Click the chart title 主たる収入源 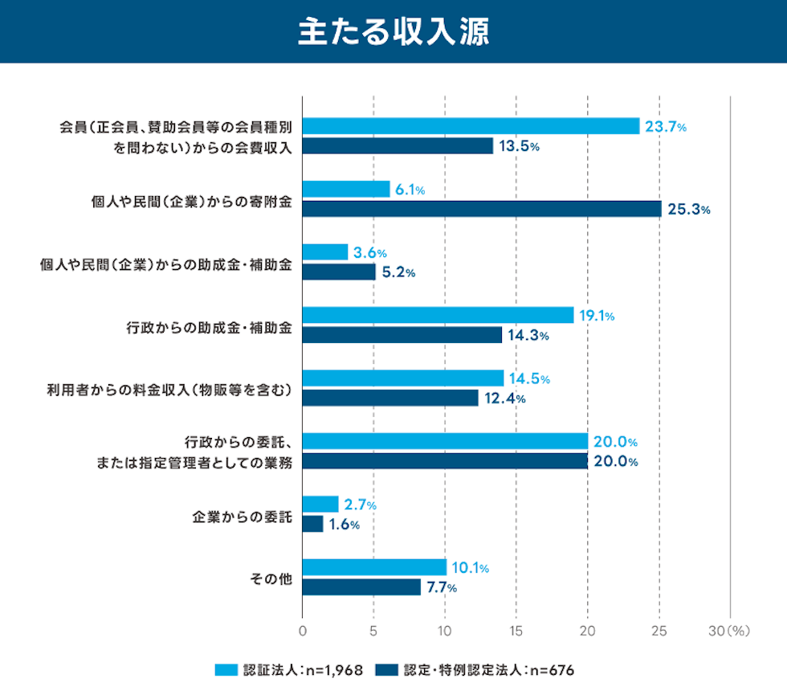pos(393,32)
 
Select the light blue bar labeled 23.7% pos(471,126)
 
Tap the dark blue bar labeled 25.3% pos(482,209)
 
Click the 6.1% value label pos(410,190)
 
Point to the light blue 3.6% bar pos(325,252)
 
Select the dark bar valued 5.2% pos(339,272)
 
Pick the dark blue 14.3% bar pos(402,335)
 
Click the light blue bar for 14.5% pos(403,378)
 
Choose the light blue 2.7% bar pos(320,504)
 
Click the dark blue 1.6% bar pos(312,524)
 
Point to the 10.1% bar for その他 pos(374,567)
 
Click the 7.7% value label pos(441,587)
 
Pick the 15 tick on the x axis pos(516,632)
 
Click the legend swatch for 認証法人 pos(226,669)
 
